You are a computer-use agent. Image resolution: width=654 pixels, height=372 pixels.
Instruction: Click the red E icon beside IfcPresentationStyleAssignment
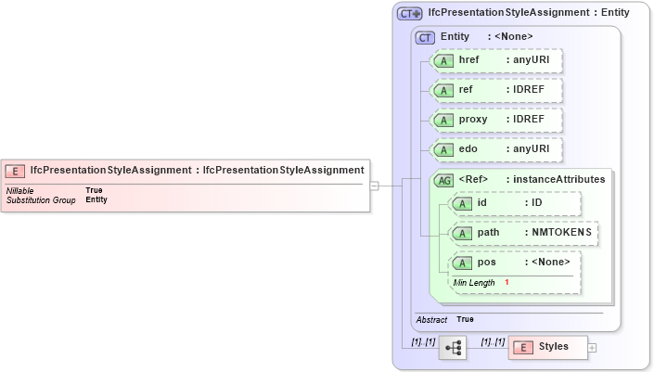(x=15, y=171)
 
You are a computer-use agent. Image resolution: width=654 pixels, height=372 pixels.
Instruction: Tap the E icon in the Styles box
(x=522, y=347)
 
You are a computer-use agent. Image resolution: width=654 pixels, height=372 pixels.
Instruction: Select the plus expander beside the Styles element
(x=593, y=348)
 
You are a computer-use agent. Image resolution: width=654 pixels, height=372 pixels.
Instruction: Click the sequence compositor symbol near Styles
(x=453, y=348)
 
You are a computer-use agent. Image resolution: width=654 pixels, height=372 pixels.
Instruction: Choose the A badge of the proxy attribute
(x=444, y=120)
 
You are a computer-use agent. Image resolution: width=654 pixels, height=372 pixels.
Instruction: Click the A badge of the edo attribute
(x=444, y=149)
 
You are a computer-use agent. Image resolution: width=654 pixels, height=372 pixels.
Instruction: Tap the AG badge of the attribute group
(x=444, y=179)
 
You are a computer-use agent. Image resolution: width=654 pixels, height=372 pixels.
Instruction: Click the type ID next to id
(x=536, y=202)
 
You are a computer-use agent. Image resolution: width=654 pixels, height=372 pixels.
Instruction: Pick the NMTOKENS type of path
(x=561, y=232)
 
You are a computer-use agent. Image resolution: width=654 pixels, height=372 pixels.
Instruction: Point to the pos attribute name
(x=487, y=263)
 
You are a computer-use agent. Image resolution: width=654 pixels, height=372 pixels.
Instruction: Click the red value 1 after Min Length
(x=507, y=282)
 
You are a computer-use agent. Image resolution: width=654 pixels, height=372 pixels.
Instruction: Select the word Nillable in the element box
(x=19, y=190)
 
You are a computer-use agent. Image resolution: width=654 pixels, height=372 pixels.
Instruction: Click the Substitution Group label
(x=41, y=199)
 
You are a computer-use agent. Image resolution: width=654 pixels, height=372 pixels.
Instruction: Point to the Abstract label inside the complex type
(x=431, y=319)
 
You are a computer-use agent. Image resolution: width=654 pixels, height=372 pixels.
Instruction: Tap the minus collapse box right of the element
(x=374, y=186)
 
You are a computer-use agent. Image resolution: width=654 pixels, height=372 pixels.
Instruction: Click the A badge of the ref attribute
(x=444, y=90)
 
